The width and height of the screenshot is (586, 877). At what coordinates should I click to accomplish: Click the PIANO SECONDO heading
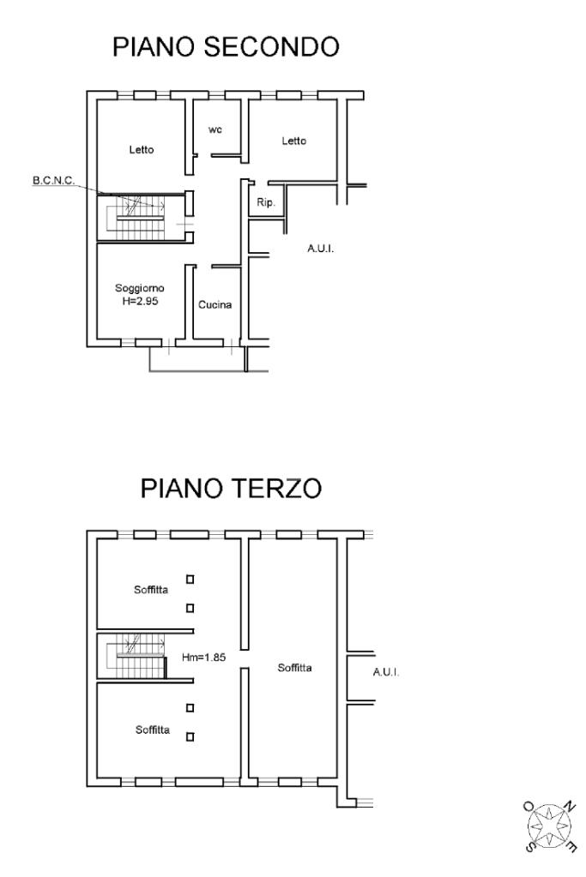(x=226, y=47)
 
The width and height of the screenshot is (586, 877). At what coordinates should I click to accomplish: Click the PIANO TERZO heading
(x=231, y=488)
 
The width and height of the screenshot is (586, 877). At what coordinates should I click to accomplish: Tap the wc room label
(x=215, y=129)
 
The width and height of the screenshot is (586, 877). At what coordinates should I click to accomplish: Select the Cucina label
(x=214, y=305)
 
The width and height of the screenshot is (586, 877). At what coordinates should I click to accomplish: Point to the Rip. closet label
(x=266, y=202)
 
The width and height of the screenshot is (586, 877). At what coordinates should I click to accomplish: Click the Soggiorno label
(x=140, y=288)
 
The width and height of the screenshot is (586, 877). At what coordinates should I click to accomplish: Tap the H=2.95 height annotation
(x=140, y=301)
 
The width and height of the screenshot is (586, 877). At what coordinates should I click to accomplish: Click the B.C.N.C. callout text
(x=54, y=181)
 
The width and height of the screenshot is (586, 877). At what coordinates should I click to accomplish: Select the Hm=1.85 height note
(x=203, y=658)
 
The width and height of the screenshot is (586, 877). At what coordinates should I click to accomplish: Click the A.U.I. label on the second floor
(x=321, y=249)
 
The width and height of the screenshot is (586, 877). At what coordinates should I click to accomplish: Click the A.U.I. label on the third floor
(x=386, y=672)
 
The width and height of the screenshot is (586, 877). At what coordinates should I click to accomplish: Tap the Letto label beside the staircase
(x=141, y=149)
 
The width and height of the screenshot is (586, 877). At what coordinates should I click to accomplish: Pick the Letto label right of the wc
(x=293, y=141)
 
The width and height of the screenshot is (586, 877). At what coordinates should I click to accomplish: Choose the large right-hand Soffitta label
(x=294, y=667)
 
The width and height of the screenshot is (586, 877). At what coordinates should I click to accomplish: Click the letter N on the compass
(x=569, y=807)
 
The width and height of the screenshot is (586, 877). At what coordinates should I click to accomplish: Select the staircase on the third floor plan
(x=137, y=657)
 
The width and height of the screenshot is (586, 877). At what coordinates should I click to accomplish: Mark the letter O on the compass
(x=529, y=806)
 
